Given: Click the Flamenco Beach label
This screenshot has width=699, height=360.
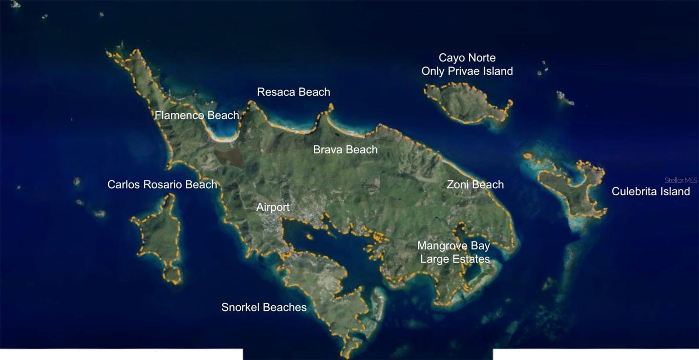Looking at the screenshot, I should pyautogui.click(x=197, y=115).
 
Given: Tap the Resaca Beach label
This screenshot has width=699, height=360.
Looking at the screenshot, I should pyautogui.click(x=294, y=92).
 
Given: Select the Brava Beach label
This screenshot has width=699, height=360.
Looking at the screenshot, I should pyautogui.click(x=345, y=150).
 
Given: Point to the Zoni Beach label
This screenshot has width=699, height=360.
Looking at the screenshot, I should pyautogui.click(x=475, y=184).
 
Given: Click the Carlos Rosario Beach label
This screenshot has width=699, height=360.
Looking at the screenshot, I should pyautogui.click(x=162, y=184).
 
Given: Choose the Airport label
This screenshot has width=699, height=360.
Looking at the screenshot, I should pyautogui.click(x=273, y=207).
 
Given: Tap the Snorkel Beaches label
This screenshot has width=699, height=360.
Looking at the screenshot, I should pyautogui.click(x=264, y=307).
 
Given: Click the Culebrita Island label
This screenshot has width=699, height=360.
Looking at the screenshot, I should pyautogui.click(x=651, y=191).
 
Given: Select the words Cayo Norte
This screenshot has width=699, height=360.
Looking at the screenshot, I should pyautogui.click(x=467, y=58).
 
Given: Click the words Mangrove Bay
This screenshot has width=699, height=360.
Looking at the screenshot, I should pyautogui.click(x=453, y=246).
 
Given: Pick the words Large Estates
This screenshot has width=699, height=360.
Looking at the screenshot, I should pyautogui.click(x=455, y=259).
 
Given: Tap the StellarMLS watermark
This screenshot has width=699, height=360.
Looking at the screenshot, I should pyautogui.click(x=681, y=180).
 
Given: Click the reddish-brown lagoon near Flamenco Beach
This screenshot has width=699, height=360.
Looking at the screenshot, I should pyautogui.click(x=229, y=157).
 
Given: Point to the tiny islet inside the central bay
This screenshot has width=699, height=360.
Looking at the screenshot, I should pyautogui.click(x=309, y=237).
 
